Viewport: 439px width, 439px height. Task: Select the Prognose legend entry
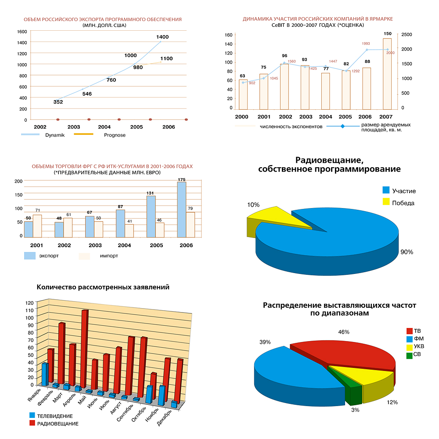115,135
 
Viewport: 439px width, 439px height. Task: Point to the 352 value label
58,102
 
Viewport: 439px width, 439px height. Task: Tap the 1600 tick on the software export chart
22,32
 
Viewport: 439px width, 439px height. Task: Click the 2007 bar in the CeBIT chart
387,73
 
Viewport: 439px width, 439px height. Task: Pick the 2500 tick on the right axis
407,35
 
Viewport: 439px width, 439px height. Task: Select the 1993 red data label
366,43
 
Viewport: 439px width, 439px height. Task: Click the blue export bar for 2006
181,209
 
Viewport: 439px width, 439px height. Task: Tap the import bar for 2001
37,226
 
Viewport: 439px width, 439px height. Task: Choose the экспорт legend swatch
29,256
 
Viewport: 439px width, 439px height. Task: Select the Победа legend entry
403,203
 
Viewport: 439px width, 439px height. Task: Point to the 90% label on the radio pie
407,252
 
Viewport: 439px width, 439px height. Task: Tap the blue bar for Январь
44,374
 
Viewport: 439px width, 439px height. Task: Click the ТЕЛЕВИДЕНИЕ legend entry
54,416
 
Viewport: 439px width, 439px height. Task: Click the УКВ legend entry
418,347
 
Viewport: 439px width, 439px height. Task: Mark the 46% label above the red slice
344,332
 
